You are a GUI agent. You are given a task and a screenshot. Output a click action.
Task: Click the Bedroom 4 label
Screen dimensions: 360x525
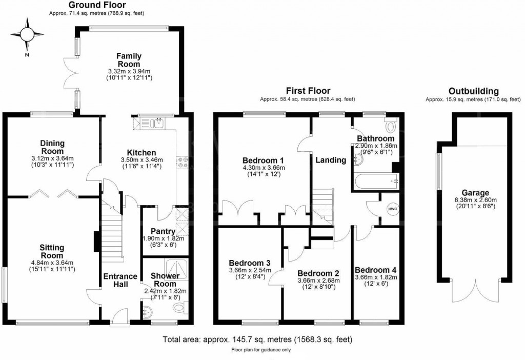[375, 270]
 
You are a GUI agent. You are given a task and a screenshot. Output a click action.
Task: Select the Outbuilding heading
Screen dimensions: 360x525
[472, 91]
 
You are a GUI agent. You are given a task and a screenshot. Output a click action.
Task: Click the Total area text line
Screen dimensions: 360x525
[257, 339]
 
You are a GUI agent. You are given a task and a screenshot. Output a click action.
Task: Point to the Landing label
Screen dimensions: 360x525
[330, 160]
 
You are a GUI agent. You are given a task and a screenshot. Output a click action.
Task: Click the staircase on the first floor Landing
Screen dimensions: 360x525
[323, 205]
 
